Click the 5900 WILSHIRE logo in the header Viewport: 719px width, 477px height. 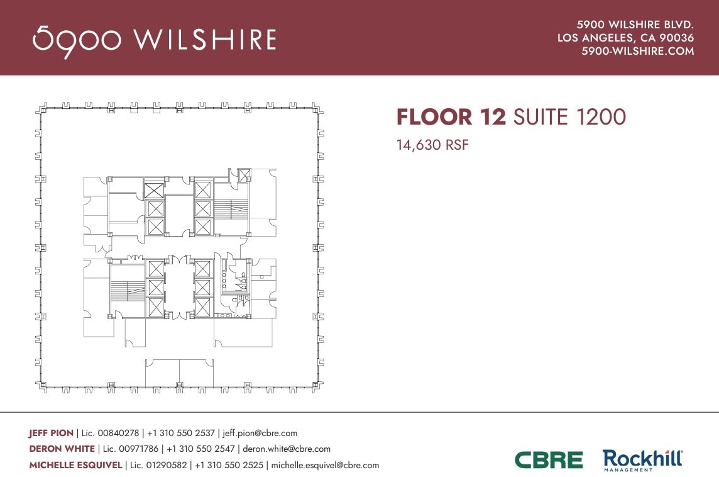(154, 39)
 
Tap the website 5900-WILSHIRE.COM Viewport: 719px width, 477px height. (637, 52)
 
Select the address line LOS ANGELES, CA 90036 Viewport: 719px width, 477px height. (625, 38)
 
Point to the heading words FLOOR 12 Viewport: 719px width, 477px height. (451, 117)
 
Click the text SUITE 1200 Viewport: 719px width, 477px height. (569, 117)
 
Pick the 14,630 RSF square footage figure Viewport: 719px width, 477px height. (433, 145)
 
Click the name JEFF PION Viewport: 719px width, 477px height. (51, 433)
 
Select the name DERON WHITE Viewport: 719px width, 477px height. (62, 449)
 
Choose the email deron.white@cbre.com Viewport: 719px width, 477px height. (287, 449)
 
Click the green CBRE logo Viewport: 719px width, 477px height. (549, 460)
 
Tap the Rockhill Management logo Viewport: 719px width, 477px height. (642, 460)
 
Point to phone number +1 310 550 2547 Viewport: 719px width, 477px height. (200, 449)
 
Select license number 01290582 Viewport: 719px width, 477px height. (164, 466)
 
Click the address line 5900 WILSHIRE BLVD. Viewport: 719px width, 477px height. (635, 25)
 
